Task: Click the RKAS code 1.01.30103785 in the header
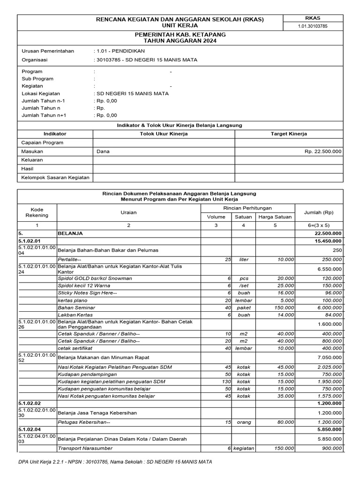(x=313, y=26)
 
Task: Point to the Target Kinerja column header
(x=289, y=134)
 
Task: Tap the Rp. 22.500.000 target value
(x=323, y=151)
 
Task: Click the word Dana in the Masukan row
(x=103, y=151)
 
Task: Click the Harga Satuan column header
(x=276, y=217)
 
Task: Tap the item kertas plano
(x=70, y=300)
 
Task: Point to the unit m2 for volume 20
(x=243, y=341)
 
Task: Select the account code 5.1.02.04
(x=30, y=429)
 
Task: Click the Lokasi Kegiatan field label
(x=43, y=93)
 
